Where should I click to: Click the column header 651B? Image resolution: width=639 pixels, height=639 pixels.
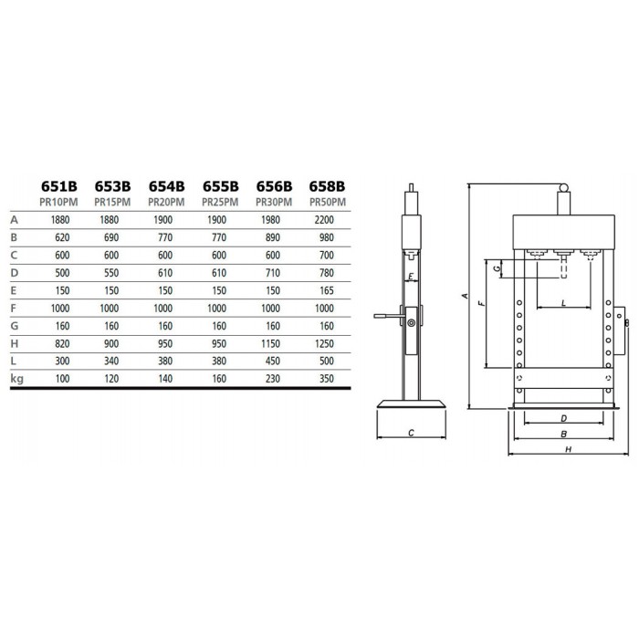click(59, 186)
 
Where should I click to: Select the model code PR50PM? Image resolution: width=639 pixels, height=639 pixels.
click(328, 202)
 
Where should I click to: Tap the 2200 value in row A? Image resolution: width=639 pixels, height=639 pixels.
click(324, 220)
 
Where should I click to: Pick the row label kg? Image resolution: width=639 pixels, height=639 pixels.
click(16, 379)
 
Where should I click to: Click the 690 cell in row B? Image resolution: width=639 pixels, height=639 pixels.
click(111, 237)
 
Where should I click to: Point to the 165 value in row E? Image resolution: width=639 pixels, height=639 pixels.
click(327, 290)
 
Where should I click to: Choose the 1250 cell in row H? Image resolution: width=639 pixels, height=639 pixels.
click(324, 343)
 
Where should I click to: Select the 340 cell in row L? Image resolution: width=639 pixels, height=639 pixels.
click(111, 361)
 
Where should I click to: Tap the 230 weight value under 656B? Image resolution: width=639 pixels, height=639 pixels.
click(273, 379)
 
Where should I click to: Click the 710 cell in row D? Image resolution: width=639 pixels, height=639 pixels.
click(273, 273)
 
